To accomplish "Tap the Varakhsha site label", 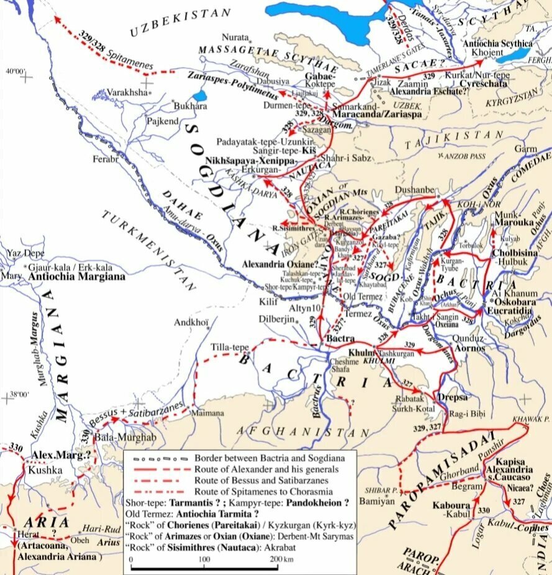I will click(x=129, y=91).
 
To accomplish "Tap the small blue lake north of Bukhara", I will click(x=199, y=96).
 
